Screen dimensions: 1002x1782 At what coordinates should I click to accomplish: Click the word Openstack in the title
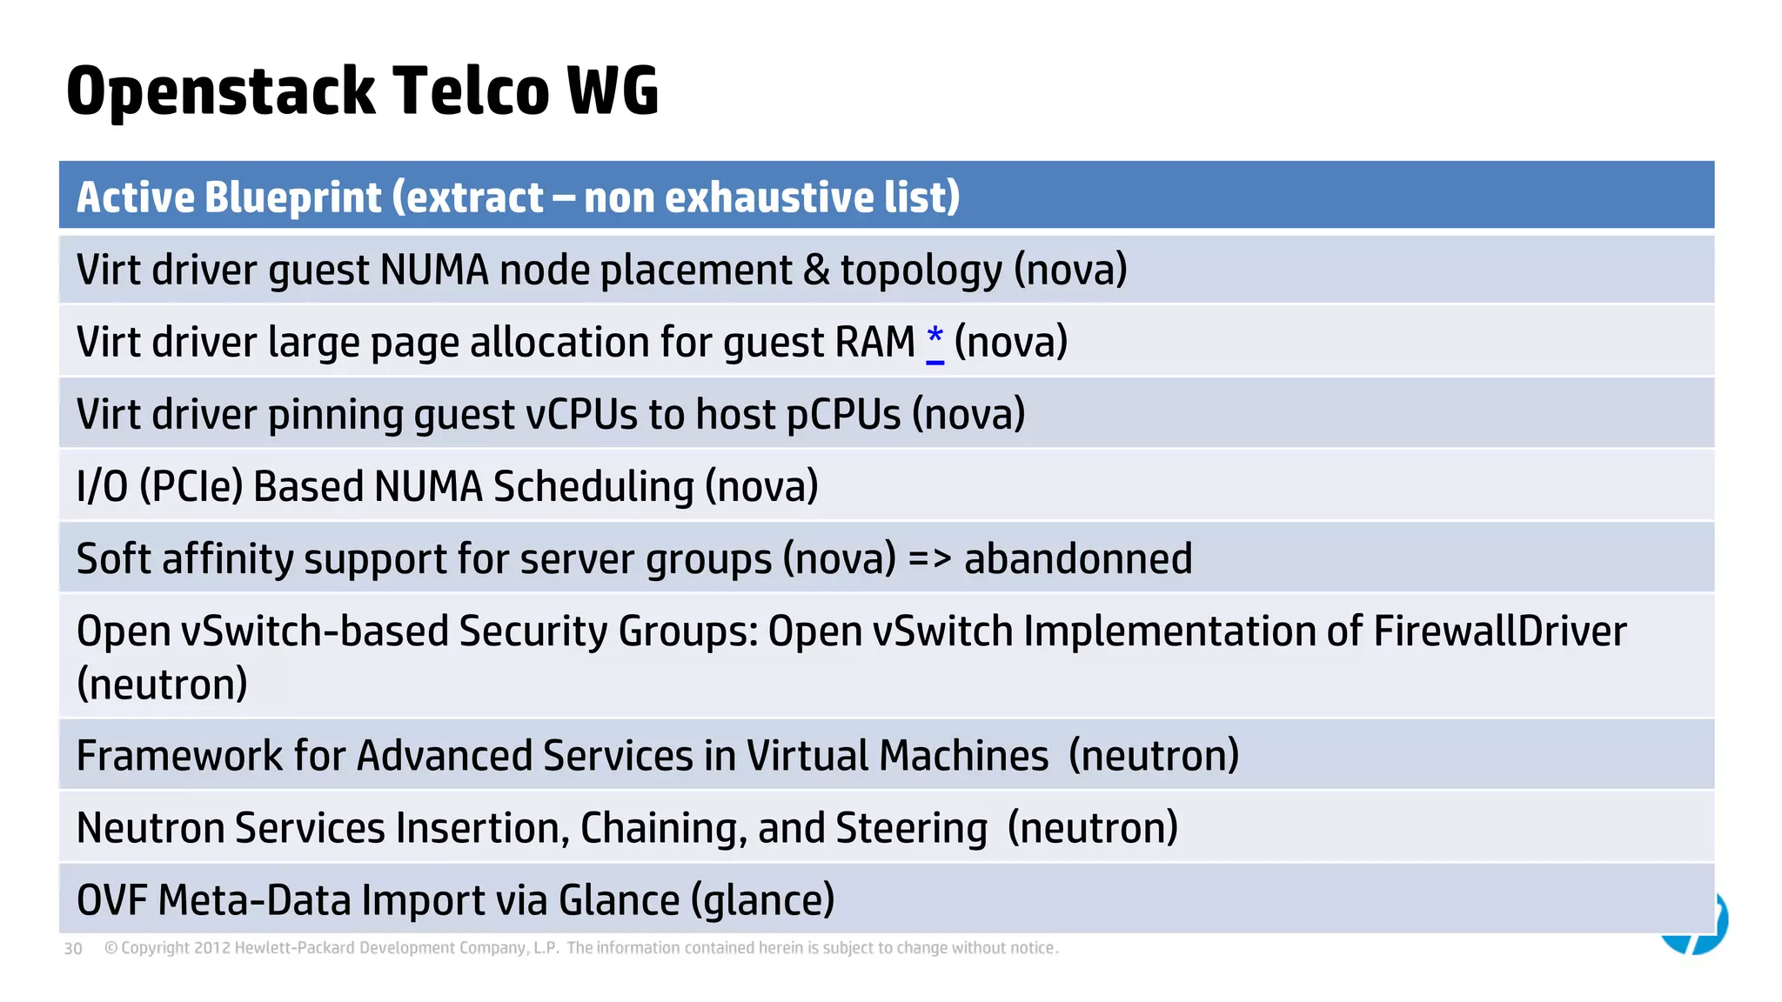click(x=220, y=92)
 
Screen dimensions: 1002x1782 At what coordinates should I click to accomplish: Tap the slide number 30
click(x=73, y=949)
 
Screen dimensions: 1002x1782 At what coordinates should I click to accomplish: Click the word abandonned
click(x=1077, y=558)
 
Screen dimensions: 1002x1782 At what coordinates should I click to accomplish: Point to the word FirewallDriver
click(x=1499, y=631)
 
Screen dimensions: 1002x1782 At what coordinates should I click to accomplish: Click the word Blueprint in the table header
click(x=292, y=197)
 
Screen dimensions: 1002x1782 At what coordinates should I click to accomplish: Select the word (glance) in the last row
click(x=762, y=899)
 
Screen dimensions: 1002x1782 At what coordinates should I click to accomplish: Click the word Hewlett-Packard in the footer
click(x=295, y=948)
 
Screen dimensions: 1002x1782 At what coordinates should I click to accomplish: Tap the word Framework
click(x=179, y=755)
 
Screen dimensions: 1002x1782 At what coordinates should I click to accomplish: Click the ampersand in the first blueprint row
click(x=815, y=270)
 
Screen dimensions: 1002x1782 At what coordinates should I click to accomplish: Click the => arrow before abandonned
click(x=929, y=558)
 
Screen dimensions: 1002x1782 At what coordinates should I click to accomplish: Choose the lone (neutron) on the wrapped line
click(x=162, y=684)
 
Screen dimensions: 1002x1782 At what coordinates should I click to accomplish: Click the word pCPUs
click(x=843, y=414)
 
